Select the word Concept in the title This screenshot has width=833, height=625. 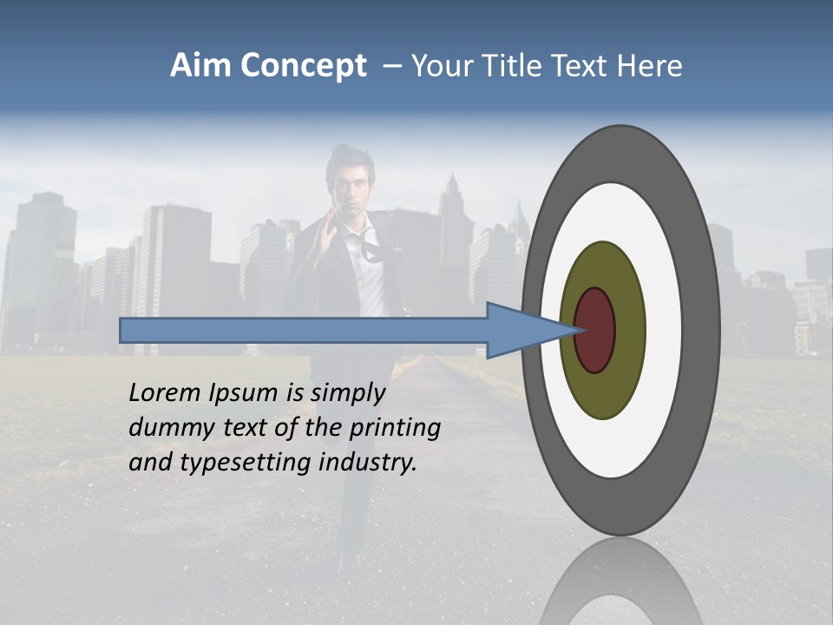[304, 66]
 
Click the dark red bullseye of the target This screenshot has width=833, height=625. [595, 330]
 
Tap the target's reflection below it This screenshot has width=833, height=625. [620, 586]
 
